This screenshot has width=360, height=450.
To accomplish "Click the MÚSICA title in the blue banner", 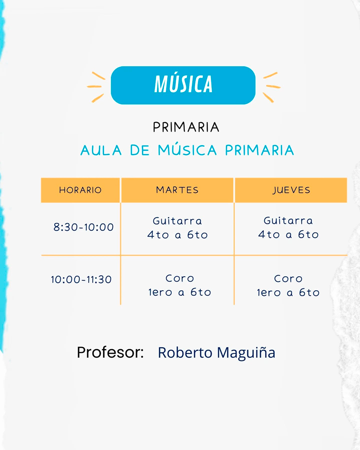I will pos(183,85).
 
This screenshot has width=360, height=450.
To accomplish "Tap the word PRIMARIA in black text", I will pos(186,127).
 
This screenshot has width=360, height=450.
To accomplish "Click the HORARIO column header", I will pos(80,190).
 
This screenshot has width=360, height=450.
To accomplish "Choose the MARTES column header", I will pos(177,190).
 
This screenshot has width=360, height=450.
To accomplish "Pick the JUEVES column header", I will pos(291,190).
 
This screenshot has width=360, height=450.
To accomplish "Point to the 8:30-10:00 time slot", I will pos(84,227).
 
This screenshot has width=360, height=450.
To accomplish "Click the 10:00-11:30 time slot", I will pos(81,280).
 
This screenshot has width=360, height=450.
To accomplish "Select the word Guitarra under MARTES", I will pos(177,221).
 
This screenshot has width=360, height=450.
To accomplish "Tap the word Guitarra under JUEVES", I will pos(288,220).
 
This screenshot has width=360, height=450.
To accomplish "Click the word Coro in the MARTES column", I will pos(180,279).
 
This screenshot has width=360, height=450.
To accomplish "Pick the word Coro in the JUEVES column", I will pos(288,279).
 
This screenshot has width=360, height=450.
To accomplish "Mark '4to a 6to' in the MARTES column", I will pos(177,235).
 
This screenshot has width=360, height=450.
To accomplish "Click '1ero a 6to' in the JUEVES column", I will pos(288,292).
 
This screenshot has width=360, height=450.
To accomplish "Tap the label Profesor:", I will pos(110,353).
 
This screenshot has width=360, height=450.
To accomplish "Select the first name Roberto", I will pos(185,353).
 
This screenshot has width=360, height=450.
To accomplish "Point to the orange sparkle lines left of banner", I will pos(96,87).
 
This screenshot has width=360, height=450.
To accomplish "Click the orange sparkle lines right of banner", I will pos(271,87).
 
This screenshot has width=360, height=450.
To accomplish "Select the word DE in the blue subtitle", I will pos(140,150).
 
